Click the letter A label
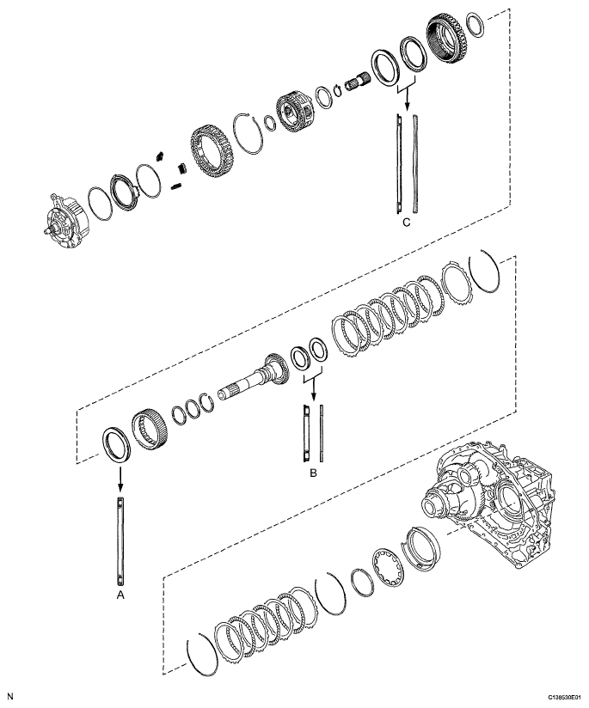[x=120, y=592]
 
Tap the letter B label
[x=312, y=472]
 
